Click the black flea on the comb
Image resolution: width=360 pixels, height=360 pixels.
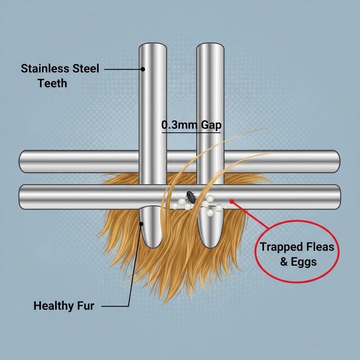click(191, 197)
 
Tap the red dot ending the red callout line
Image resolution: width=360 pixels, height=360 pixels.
click(231, 201)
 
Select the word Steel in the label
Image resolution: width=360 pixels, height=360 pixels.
click(86, 68)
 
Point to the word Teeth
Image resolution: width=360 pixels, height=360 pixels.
click(52, 83)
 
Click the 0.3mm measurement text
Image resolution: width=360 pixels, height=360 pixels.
click(176, 125)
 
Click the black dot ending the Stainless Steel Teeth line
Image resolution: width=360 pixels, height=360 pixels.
click(143, 69)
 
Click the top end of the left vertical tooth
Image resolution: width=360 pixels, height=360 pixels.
click(153, 46)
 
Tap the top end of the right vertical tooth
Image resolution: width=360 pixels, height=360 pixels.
click(210, 46)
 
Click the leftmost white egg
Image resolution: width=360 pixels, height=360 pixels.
click(175, 206)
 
